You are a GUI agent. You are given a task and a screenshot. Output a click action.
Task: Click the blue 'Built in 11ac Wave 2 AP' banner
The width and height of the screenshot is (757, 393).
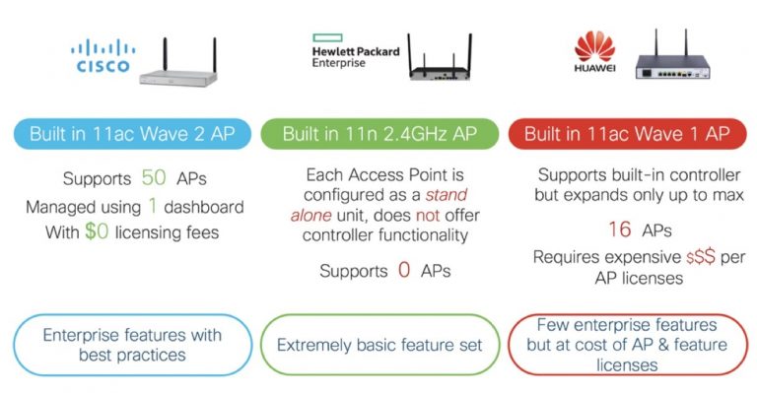point(130,135)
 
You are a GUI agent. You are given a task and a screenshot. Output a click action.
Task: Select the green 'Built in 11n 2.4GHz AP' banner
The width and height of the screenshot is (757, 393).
point(379,135)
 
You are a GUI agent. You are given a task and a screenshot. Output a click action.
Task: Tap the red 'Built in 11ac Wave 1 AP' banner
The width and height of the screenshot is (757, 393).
point(626,135)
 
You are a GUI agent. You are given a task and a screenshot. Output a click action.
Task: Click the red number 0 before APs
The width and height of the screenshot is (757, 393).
point(404,268)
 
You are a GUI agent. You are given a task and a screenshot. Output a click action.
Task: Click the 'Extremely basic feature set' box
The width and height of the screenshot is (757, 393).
point(379,345)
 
